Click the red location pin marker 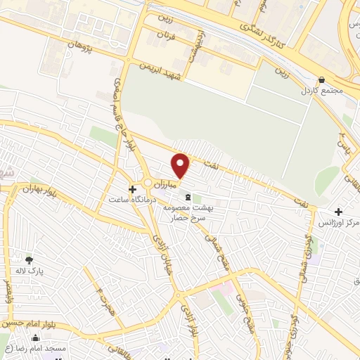coord(181,165)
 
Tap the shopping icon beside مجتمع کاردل coord(322,80)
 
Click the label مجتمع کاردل coord(321,92)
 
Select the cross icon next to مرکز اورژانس coord(338,212)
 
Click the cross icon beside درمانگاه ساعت coord(132,189)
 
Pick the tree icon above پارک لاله coord(29,259)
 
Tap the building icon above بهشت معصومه coord(186,198)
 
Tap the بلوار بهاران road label coord(37,191)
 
